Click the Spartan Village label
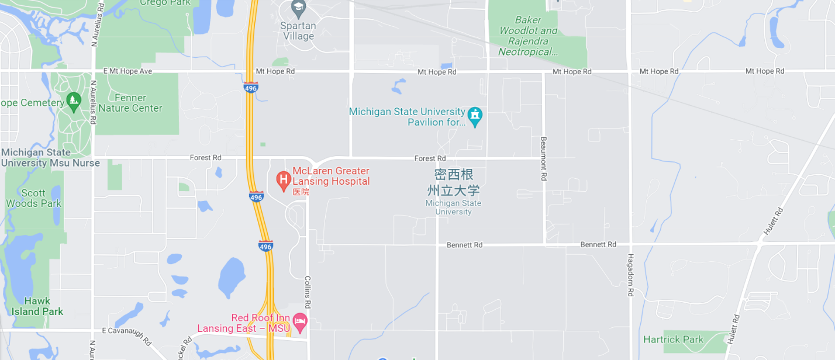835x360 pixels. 298,31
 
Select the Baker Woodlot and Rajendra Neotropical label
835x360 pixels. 528,36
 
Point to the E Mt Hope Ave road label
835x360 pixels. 127,71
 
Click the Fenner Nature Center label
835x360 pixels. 130,103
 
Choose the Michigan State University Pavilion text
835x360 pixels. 407,117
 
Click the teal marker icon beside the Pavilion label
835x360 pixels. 475,116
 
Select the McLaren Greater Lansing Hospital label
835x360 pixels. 331,176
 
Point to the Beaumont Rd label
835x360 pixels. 543,158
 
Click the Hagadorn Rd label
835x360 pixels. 630,275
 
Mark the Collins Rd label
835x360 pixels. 308,293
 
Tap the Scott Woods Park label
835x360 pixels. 33,198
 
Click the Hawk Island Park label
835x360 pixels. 37,306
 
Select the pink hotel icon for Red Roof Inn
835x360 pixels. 300,320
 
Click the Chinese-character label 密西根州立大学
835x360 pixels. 453,182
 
